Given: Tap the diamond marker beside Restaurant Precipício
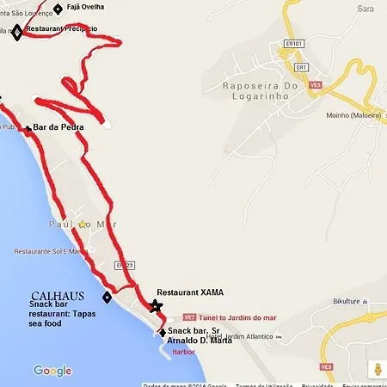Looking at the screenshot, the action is (x=17, y=33).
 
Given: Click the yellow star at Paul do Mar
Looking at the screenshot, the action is (x=82, y=224).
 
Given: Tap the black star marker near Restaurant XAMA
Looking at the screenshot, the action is (x=155, y=306).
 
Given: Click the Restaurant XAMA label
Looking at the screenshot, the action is (x=190, y=292).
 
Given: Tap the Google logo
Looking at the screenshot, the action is (x=52, y=371).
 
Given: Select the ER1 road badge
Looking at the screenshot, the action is (x=302, y=66).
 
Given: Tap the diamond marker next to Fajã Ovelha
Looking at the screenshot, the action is (x=58, y=9).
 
